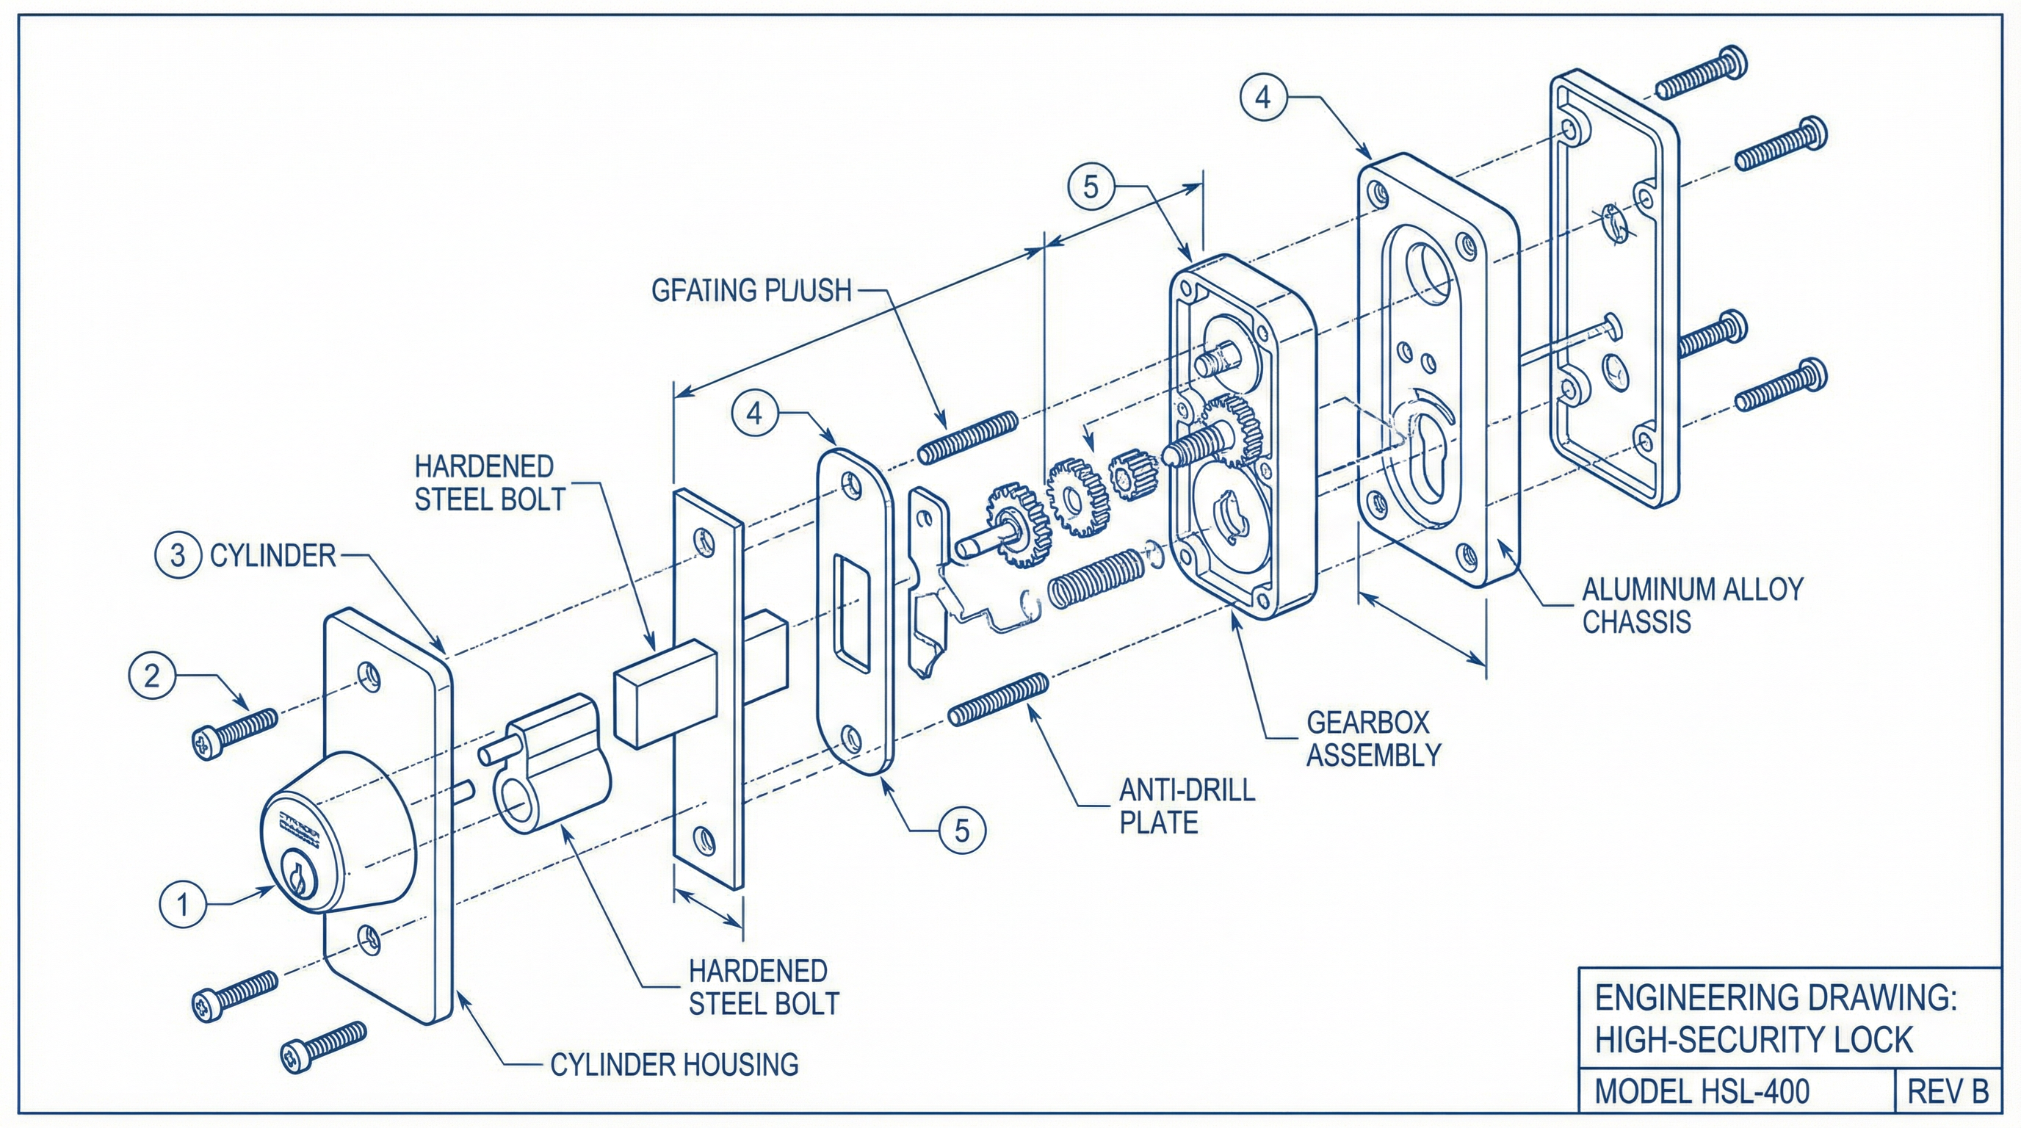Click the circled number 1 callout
pyautogui.click(x=182, y=905)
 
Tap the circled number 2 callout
pyautogui.click(x=151, y=676)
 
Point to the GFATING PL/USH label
pyautogui.click(x=751, y=290)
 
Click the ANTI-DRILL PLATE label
pyautogui.click(x=1186, y=806)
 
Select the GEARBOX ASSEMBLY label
pyautogui.click(x=1373, y=738)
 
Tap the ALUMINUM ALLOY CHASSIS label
pyautogui.click(x=1692, y=605)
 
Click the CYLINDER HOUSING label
pyautogui.click(x=674, y=1064)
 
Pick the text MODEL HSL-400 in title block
pyautogui.click(x=1702, y=1091)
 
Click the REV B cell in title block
pyautogui.click(x=1948, y=1091)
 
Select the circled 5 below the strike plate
pyautogui.click(x=962, y=830)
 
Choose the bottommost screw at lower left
pyautogui.click(x=323, y=1046)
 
